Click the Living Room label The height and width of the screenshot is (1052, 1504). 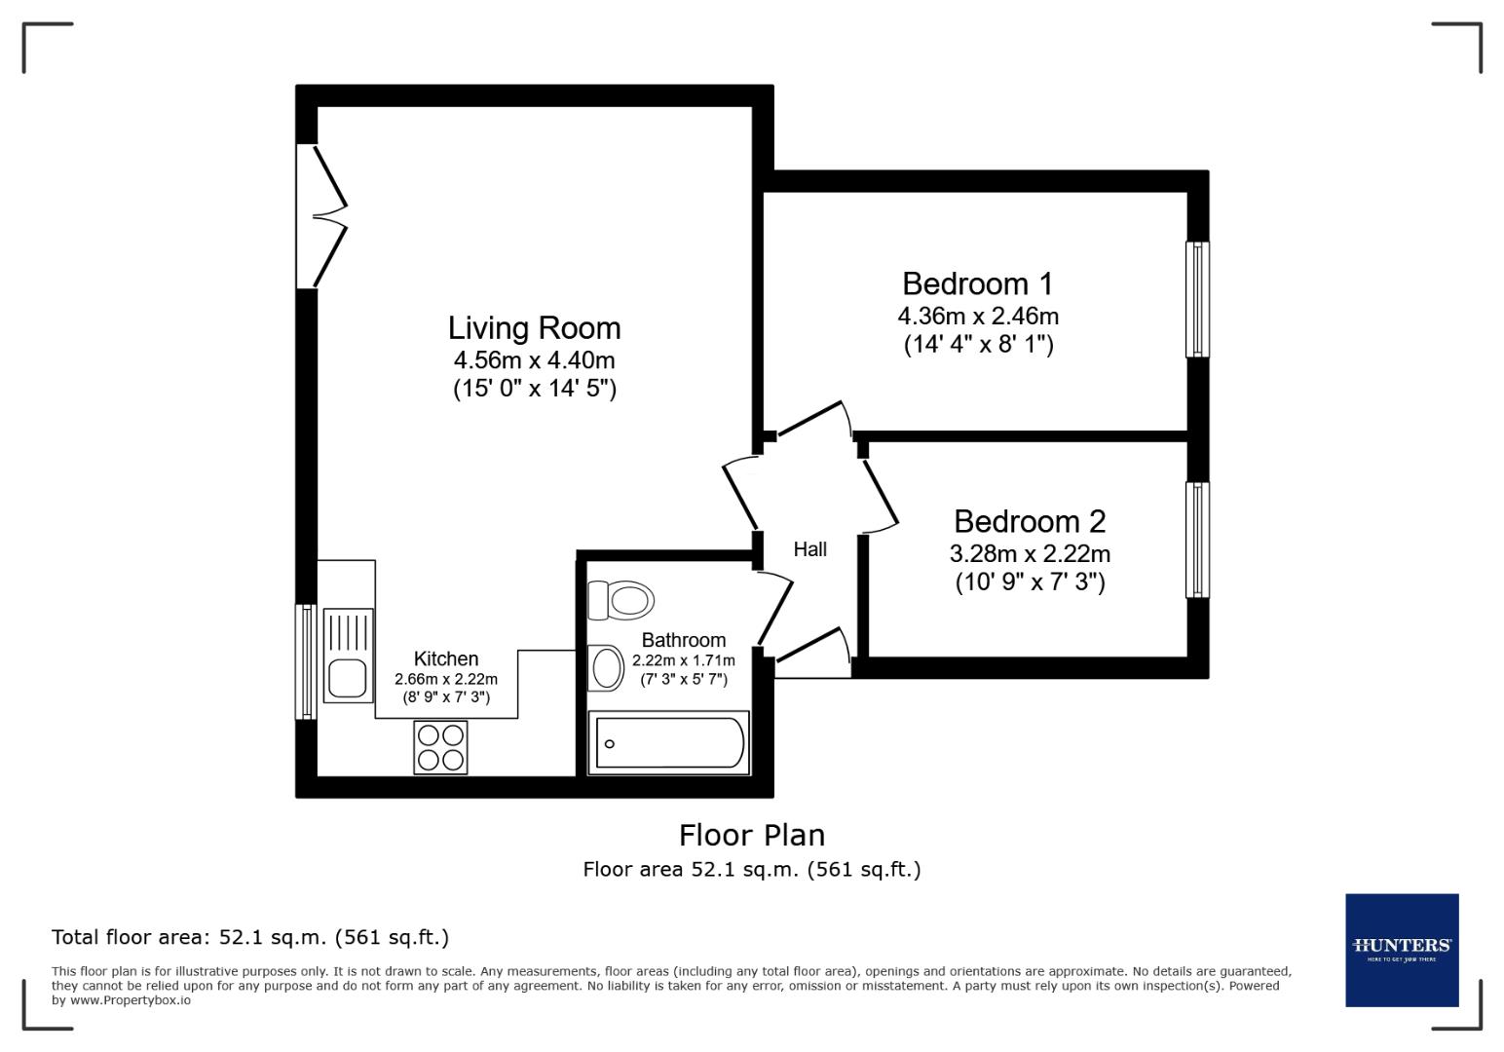(x=534, y=327)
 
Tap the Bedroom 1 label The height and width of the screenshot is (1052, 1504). (x=977, y=283)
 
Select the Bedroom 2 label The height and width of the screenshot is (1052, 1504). (x=1030, y=521)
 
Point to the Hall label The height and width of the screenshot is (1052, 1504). (x=809, y=549)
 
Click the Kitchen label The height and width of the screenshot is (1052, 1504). (x=446, y=658)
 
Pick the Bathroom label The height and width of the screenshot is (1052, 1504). (x=683, y=640)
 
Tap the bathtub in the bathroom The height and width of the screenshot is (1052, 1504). (x=669, y=743)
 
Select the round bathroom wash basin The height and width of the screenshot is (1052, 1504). (x=608, y=668)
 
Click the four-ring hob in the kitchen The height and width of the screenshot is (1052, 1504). (x=440, y=747)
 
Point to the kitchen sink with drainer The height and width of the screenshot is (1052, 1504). (x=348, y=655)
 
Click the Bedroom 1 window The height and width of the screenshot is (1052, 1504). (x=1197, y=299)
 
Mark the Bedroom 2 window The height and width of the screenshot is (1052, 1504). (x=1197, y=540)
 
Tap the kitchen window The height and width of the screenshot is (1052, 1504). (x=306, y=661)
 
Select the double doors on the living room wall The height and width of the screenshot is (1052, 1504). (x=321, y=216)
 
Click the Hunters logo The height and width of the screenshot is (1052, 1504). (x=1402, y=950)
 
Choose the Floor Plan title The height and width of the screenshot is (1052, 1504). (x=751, y=835)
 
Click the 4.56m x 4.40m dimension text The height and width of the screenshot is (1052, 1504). (x=534, y=359)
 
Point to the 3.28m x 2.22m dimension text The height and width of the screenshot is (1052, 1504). (x=1030, y=553)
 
